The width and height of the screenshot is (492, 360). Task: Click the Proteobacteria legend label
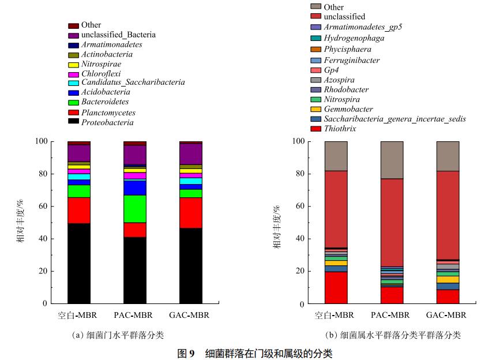pyautogui.click(x=107, y=122)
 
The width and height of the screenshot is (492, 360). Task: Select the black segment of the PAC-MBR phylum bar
pyautogui.click(x=134, y=270)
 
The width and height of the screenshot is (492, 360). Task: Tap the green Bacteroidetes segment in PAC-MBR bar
pyautogui.click(x=134, y=209)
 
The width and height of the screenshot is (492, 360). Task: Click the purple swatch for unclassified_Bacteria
pyautogui.click(x=73, y=35)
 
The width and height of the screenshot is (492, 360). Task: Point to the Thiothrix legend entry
pyautogui.click(x=339, y=129)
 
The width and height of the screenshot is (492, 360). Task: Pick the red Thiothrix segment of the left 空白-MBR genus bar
pyautogui.click(x=336, y=287)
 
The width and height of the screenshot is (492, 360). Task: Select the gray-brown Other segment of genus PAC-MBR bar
pyautogui.click(x=392, y=160)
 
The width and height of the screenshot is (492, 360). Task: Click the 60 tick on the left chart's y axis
pyautogui.click(x=44, y=206)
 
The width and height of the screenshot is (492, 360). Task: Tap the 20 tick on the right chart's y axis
pyautogui.click(x=299, y=271)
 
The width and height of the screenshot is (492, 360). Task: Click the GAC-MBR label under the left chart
pyautogui.click(x=190, y=316)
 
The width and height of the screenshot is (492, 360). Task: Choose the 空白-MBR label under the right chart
pyautogui.click(x=335, y=316)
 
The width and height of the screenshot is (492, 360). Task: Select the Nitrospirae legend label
pyautogui.click(x=102, y=64)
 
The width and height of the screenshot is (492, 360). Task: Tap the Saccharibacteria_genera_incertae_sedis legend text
pyautogui.click(x=395, y=119)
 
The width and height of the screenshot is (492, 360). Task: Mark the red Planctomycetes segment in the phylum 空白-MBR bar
pyautogui.click(x=79, y=210)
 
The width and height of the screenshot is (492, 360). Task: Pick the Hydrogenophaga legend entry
pyautogui.click(x=354, y=38)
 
